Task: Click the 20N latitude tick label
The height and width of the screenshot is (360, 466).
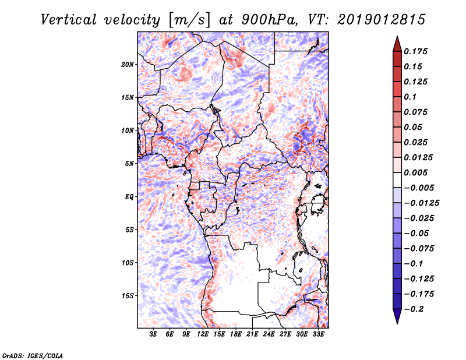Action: coord(127,65)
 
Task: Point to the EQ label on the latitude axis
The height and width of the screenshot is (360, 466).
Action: coord(129,197)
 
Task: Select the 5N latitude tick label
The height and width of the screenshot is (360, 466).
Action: coord(129,164)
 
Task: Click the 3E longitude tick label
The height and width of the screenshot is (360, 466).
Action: coord(153,334)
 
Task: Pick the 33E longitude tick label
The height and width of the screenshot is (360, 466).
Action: coord(318,334)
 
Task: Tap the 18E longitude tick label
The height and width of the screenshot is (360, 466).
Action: coord(236,334)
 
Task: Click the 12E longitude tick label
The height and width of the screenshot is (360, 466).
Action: coord(202,334)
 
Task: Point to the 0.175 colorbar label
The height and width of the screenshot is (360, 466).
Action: coord(415,51)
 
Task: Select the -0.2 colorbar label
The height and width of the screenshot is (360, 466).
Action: coord(414,309)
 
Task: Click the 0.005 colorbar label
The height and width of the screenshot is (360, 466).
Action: coord(415,172)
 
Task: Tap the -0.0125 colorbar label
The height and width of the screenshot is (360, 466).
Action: coord(421,203)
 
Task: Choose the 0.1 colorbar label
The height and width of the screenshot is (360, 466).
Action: coord(410,97)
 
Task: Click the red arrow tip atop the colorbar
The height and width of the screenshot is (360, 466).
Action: coord(397,37)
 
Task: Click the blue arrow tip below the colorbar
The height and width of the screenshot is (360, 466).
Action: coord(397,323)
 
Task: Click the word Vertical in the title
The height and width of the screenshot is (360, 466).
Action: coord(69,20)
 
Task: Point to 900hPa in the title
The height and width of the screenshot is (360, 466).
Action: coord(269,20)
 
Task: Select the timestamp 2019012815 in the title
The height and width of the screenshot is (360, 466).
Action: coord(382,20)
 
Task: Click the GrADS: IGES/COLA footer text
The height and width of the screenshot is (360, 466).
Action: coord(33,355)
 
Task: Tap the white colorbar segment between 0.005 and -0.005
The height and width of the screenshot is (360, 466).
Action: coord(397,180)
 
